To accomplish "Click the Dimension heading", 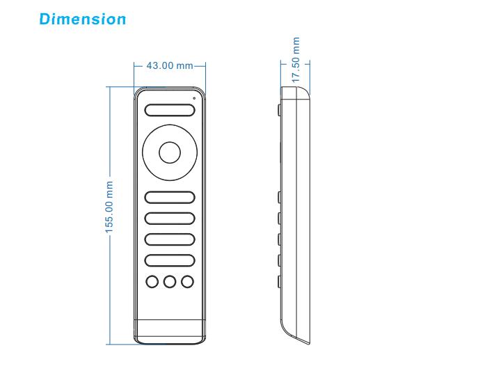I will point(83,19).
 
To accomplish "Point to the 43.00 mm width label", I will point(169,65).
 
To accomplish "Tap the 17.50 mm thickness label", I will point(296,61).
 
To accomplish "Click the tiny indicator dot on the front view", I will point(194,99).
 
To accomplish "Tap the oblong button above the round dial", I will point(169,109).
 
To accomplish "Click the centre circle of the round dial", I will point(169,152).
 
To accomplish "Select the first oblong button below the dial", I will point(169,197).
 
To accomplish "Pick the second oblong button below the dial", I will point(169,218).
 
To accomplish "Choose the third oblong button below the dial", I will point(169,239).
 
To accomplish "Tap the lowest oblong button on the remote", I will point(169,260).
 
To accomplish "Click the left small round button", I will point(152,281).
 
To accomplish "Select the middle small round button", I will point(169,281).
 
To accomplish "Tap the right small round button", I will point(186,281).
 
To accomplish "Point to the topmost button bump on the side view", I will point(279,110).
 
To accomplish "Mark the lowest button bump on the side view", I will point(279,281).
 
